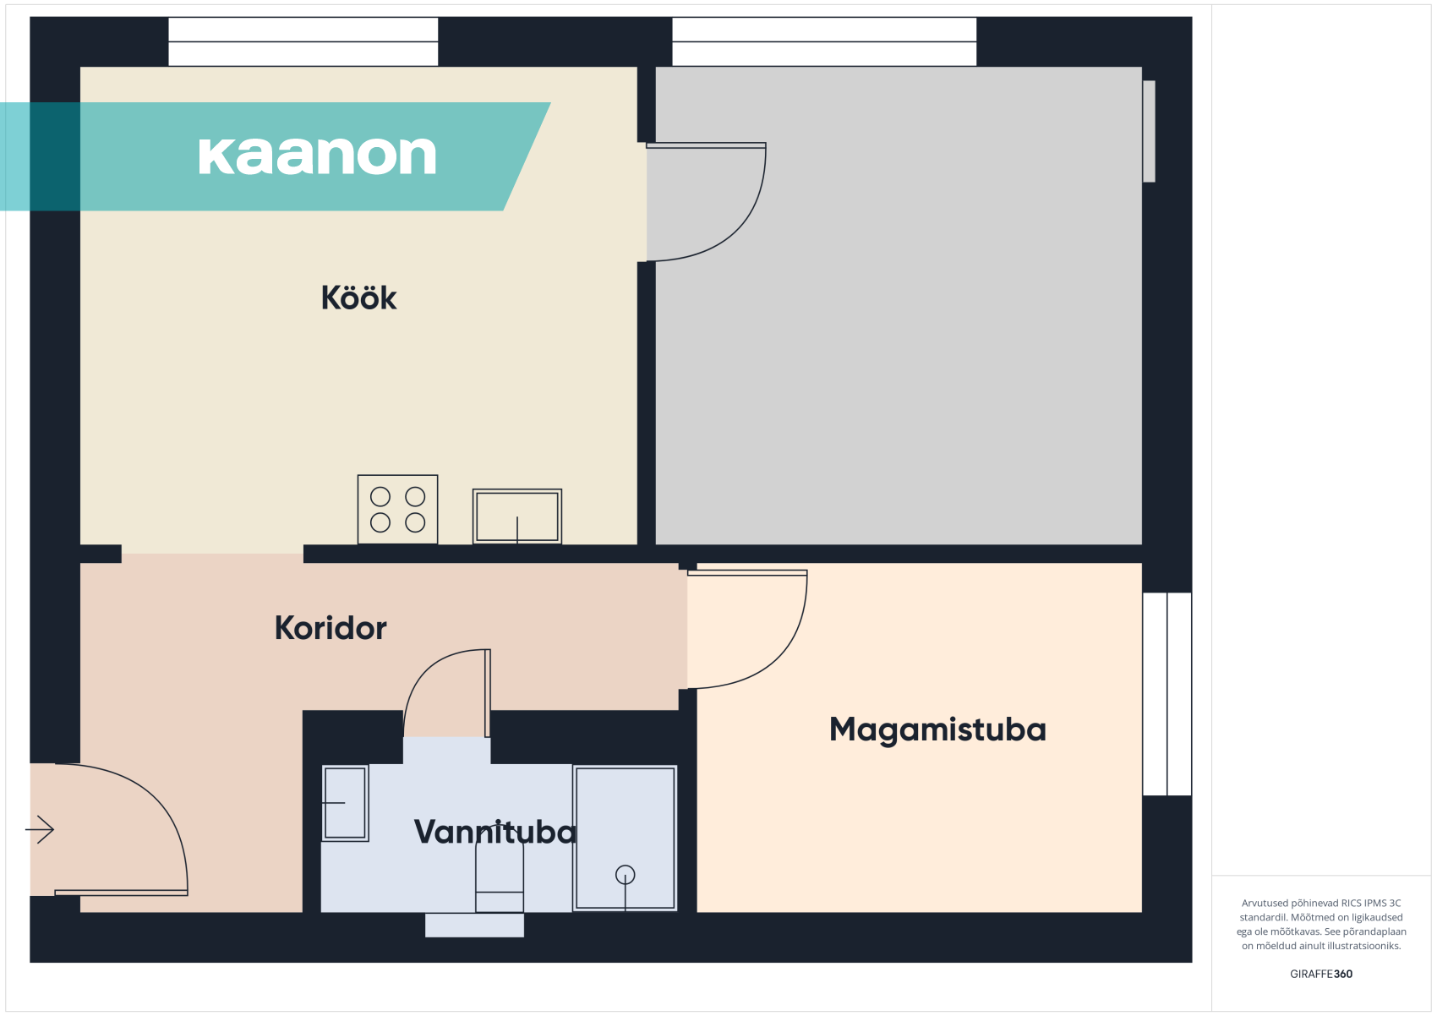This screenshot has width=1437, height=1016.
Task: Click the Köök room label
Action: (358, 298)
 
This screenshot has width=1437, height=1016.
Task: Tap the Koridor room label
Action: (331, 628)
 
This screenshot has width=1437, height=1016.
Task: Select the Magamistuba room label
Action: (937, 730)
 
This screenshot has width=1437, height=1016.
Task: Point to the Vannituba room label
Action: (495, 832)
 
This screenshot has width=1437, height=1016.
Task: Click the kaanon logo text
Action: (318, 156)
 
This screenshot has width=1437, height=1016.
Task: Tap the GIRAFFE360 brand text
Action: (1321, 974)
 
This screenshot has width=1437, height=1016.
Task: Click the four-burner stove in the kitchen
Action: (398, 510)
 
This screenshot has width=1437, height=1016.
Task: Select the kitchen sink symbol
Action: (517, 516)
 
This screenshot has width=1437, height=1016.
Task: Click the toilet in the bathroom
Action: (499, 877)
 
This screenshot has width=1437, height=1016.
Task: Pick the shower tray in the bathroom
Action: (625, 838)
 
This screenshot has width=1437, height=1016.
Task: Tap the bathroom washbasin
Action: (345, 803)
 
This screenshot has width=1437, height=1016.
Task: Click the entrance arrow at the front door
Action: (40, 829)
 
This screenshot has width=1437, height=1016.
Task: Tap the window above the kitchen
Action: (303, 41)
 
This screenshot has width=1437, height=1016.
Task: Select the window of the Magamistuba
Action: (1167, 694)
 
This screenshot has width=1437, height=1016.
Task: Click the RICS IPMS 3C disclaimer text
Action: (1321, 924)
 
